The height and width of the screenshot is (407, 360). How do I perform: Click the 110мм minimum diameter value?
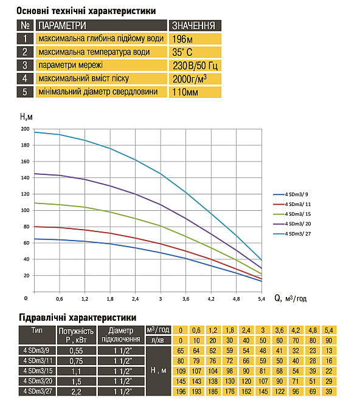click(x=185, y=92)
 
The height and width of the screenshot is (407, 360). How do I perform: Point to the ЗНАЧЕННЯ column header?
click(x=194, y=26)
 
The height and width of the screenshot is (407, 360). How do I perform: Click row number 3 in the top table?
click(x=24, y=66)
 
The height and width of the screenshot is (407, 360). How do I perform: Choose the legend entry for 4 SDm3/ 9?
click(x=297, y=194)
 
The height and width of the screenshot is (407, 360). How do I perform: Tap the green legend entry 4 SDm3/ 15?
click(x=298, y=214)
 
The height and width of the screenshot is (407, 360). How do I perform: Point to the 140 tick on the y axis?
click(x=25, y=178)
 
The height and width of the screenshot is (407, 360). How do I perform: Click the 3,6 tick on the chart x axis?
click(x=185, y=299)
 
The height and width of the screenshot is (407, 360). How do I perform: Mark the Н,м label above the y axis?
click(x=26, y=117)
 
